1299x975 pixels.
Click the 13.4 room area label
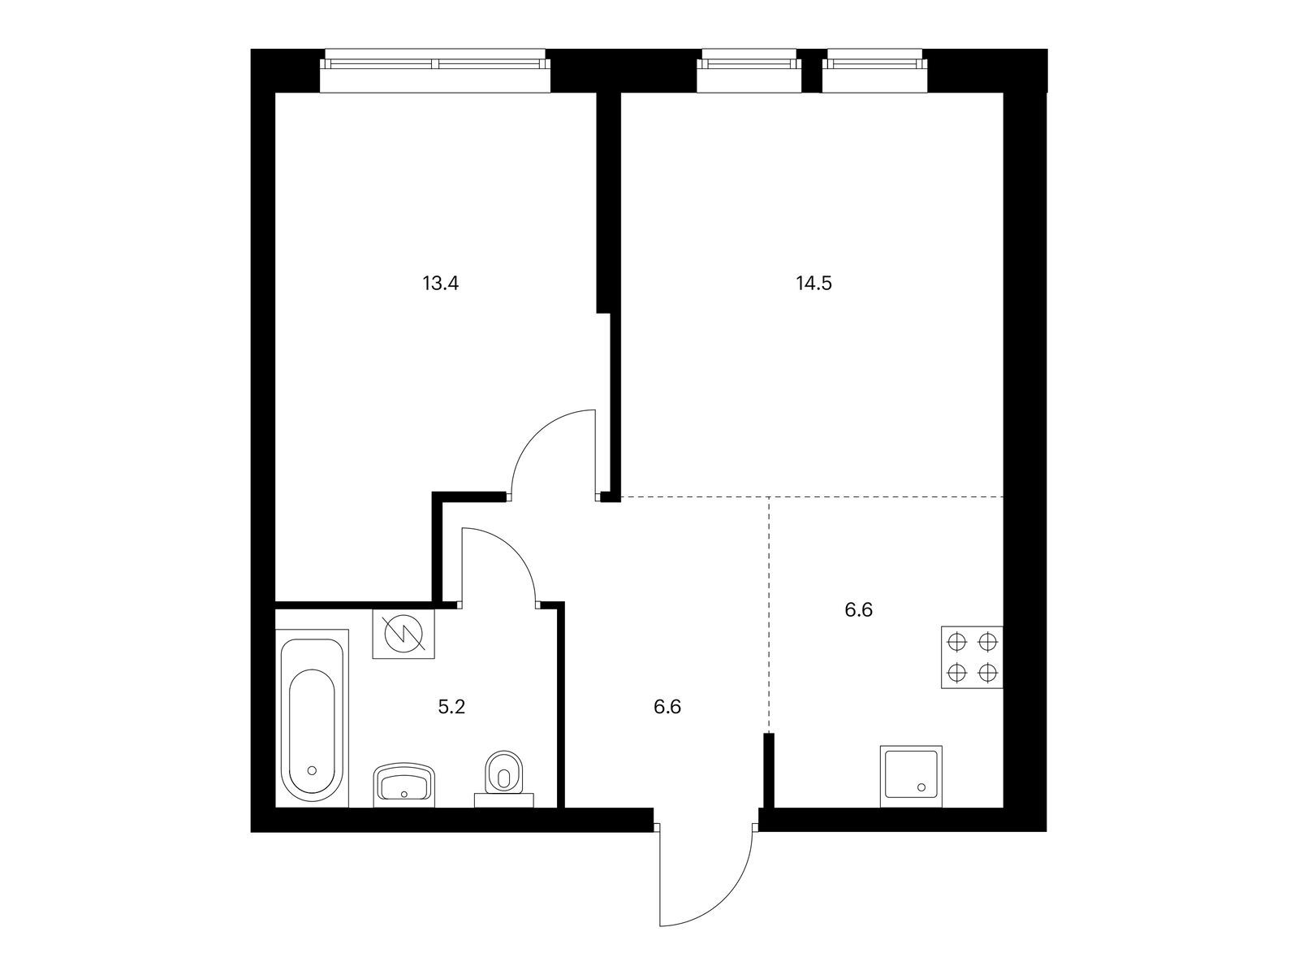point(440,284)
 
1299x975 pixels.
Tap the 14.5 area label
point(813,284)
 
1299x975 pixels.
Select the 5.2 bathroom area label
point(451,707)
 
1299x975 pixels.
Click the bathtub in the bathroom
point(312,719)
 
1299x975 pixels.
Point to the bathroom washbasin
point(405,785)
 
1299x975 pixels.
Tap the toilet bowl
point(503,773)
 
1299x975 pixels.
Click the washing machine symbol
point(404,634)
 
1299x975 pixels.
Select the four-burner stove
point(972,657)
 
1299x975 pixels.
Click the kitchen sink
point(911,776)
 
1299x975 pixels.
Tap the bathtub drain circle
point(312,770)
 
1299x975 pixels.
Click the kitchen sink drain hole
point(921,787)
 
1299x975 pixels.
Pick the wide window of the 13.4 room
point(435,71)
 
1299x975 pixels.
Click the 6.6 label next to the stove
point(859,609)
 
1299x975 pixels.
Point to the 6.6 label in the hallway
point(667,707)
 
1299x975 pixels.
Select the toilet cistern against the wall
point(504,800)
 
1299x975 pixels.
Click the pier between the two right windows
point(811,71)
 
